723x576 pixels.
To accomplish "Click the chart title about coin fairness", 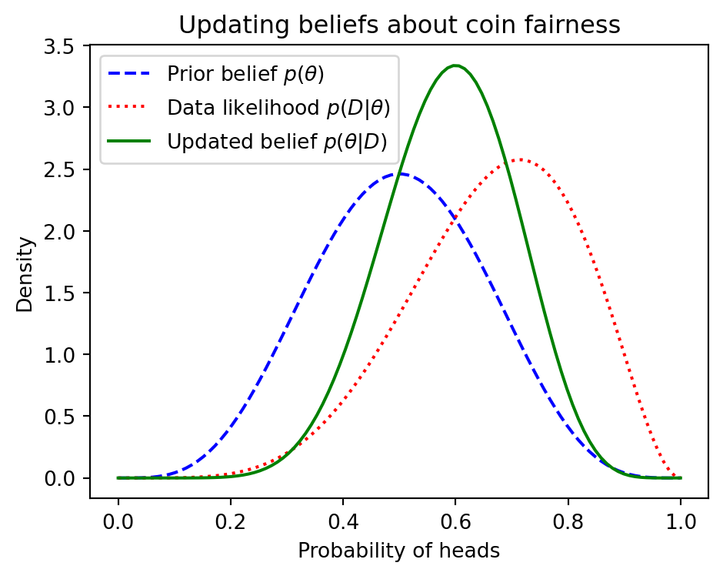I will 399,25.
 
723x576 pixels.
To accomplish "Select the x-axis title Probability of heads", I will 399,551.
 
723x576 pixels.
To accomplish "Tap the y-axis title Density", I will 25,274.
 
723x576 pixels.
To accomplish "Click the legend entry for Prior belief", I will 245,75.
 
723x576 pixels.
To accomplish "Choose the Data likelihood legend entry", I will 278,109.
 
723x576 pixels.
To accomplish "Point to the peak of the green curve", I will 455,65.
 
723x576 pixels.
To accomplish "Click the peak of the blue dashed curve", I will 398,174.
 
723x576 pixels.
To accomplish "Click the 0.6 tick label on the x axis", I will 455,521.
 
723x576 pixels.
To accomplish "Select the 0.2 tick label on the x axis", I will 231,521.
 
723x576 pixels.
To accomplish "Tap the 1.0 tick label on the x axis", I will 680,521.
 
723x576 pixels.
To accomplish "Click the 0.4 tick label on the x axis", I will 343,521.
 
